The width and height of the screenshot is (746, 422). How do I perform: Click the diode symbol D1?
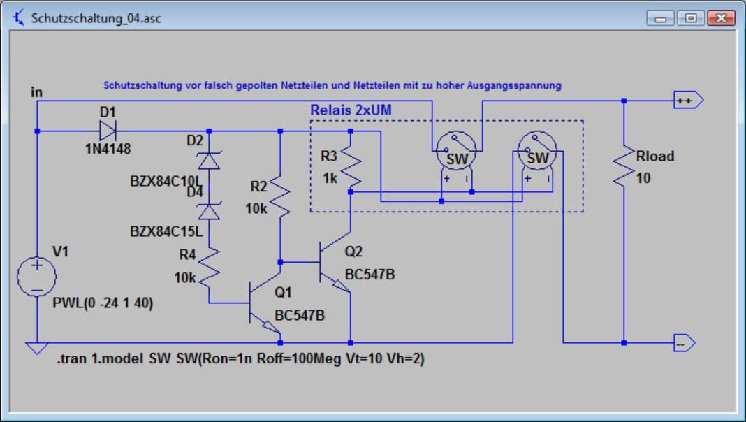(x=108, y=131)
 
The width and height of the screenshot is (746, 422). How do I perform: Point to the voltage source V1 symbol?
(x=36, y=275)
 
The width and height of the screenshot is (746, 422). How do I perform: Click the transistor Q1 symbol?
(x=260, y=303)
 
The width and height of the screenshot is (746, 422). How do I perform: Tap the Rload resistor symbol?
(x=624, y=166)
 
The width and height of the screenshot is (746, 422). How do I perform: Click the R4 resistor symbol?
(x=210, y=265)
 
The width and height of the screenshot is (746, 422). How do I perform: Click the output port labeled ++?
(x=686, y=101)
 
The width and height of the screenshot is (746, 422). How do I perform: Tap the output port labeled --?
(x=682, y=343)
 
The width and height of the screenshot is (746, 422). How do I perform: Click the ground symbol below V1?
(x=36, y=348)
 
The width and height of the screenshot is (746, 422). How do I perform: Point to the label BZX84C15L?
(x=166, y=231)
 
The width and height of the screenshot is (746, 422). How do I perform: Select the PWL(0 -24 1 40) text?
(x=103, y=304)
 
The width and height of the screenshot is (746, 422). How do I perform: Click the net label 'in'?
(x=36, y=92)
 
